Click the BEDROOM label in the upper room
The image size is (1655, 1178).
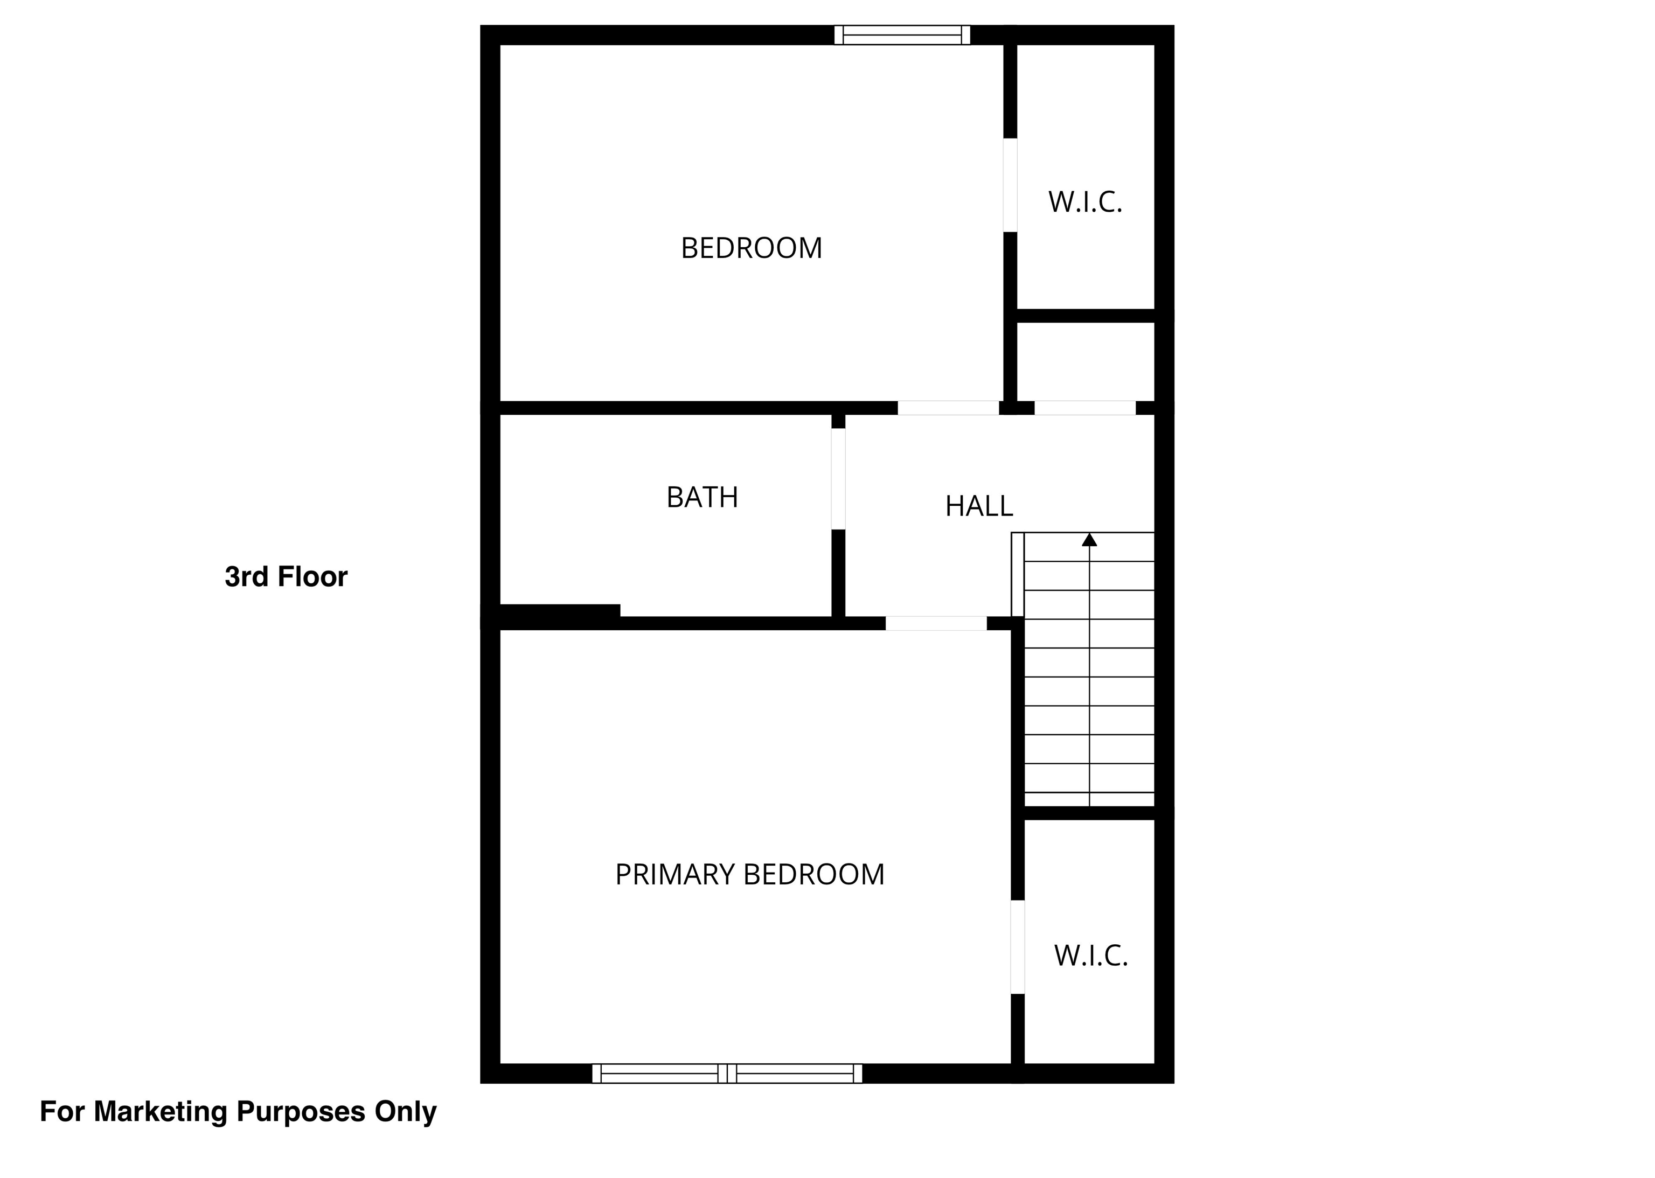tap(751, 248)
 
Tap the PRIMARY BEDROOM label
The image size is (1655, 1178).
tap(749, 875)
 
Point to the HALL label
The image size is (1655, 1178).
tap(979, 506)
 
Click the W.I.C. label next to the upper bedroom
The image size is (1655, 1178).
tap(1084, 201)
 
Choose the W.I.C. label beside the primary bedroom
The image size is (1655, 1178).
tap(1090, 956)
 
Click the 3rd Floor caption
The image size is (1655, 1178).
tap(286, 577)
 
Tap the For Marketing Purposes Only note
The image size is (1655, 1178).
tap(238, 1111)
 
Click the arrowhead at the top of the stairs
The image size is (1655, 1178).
tap(1089, 540)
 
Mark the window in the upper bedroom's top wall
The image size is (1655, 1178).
tap(902, 35)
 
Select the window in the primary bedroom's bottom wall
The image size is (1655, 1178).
tap(727, 1074)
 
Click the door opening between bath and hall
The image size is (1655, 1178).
tap(838, 479)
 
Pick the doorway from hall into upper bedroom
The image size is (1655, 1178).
tap(948, 408)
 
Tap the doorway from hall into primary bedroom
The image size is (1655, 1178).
tap(936, 623)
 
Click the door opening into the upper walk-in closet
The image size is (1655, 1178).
tap(1010, 185)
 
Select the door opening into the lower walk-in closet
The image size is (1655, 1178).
tap(1017, 946)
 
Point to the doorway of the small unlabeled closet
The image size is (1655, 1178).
tap(1084, 408)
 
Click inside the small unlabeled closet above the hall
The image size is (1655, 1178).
tap(1086, 361)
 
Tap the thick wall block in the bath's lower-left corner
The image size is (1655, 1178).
tap(559, 611)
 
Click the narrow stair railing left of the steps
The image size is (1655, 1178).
tap(1017, 575)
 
